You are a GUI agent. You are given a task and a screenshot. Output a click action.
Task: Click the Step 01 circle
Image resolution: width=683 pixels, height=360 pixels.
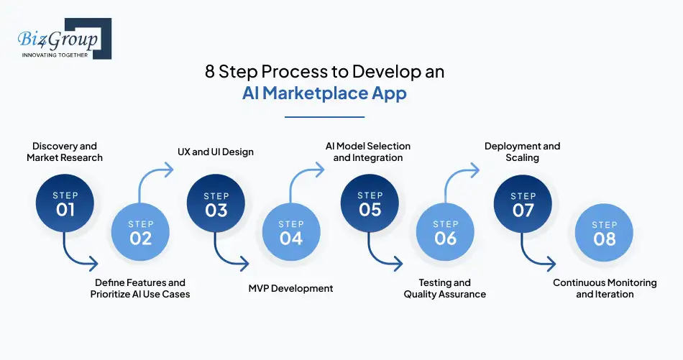point(65,203)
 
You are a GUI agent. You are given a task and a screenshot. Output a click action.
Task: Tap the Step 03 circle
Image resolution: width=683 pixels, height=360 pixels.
point(216,203)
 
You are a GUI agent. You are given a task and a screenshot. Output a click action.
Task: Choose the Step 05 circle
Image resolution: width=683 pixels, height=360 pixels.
point(370,203)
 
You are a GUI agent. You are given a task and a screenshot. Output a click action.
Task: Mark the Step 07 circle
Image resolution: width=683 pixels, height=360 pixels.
point(523,203)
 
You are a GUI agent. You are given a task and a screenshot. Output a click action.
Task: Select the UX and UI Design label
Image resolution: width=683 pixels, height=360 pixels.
point(216,152)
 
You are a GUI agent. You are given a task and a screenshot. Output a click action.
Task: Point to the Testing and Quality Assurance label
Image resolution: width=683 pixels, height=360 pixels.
point(444,288)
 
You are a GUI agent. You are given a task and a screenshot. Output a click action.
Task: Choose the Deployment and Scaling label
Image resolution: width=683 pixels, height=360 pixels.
point(522,152)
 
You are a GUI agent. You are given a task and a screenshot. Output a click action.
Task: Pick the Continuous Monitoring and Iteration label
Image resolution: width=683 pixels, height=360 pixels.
point(605,288)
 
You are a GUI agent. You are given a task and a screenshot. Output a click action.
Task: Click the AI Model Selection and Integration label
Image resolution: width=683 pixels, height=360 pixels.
point(368,152)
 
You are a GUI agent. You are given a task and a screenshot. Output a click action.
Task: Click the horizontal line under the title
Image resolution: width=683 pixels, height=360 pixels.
point(324,116)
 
